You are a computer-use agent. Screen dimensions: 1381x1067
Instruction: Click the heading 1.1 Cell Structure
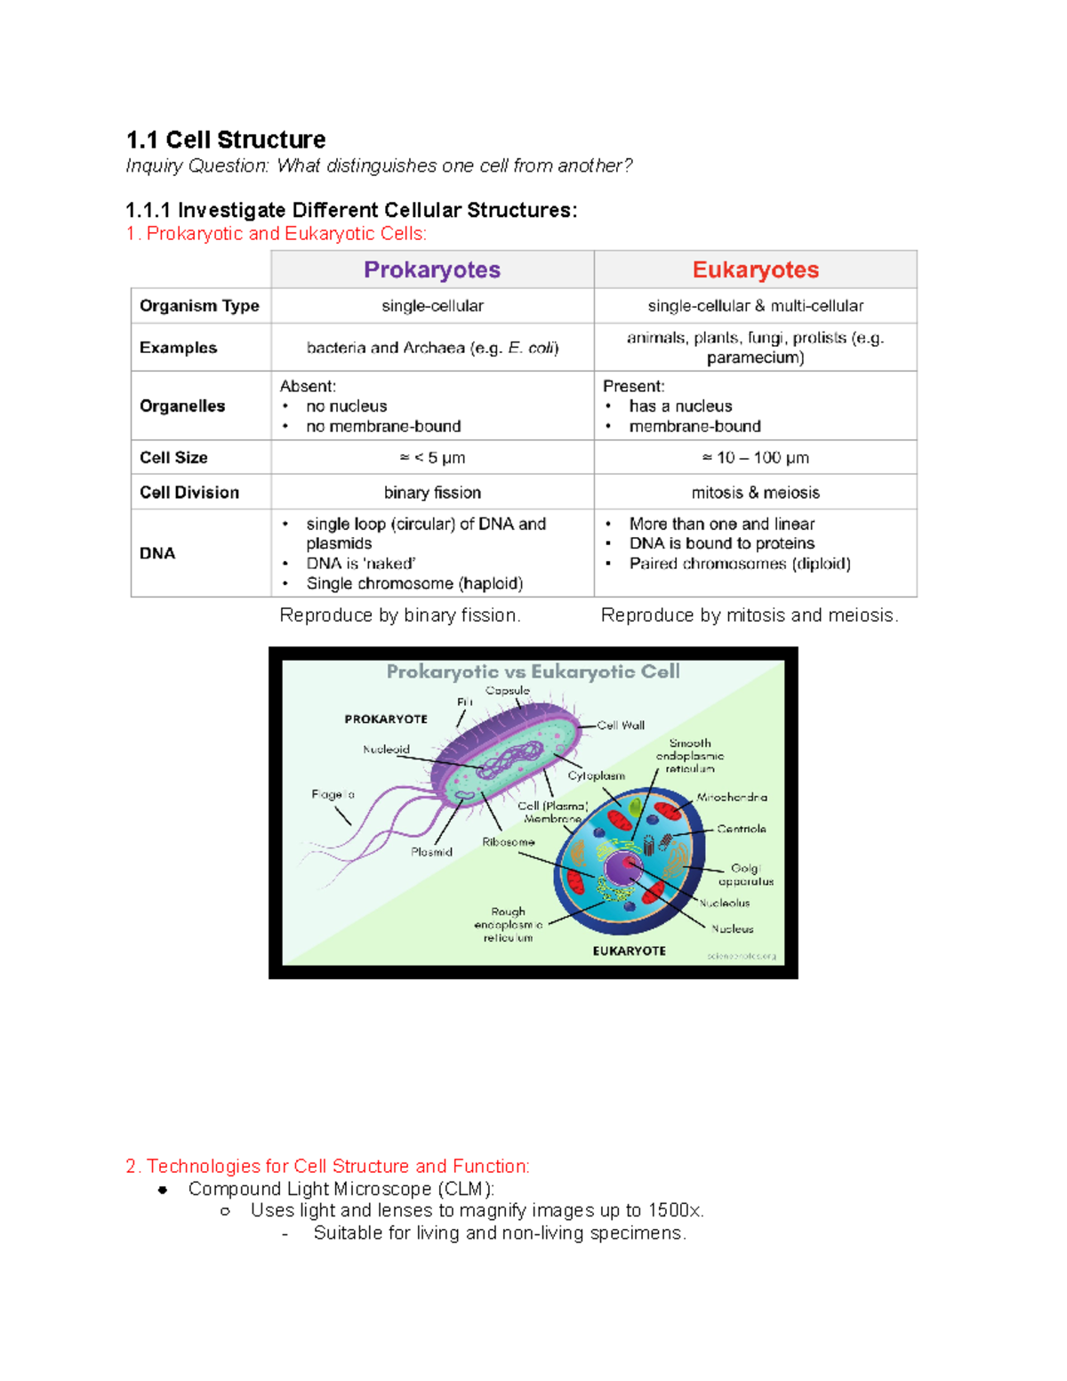(x=226, y=140)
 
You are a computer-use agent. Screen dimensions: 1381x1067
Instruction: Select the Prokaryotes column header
(x=432, y=269)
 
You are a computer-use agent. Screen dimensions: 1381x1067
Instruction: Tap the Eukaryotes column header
(x=755, y=269)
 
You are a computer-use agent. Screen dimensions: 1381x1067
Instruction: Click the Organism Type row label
(x=199, y=306)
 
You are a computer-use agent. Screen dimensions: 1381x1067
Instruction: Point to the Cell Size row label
(x=173, y=458)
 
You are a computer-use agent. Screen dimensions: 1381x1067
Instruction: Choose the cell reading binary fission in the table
(x=432, y=493)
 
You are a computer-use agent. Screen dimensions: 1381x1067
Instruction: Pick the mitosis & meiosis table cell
(x=755, y=493)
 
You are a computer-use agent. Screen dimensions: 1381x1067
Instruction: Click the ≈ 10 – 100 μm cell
(x=755, y=458)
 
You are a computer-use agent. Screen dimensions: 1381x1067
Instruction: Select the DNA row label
(x=157, y=553)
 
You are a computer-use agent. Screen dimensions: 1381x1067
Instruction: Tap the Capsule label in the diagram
(x=508, y=691)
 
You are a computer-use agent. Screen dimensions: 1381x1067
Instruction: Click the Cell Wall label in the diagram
(x=621, y=726)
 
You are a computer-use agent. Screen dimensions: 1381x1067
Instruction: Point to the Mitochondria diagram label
(x=732, y=798)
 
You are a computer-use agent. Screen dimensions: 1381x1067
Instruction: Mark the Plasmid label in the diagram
(x=432, y=852)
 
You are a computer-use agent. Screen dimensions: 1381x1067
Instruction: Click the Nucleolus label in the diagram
(x=725, y=903)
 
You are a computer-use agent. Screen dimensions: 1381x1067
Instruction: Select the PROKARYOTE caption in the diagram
(x=386, y=719)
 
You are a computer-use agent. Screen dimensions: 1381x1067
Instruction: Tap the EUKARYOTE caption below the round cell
(x=630, y=951)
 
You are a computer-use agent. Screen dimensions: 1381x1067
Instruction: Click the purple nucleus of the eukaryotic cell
(x=622, y=867)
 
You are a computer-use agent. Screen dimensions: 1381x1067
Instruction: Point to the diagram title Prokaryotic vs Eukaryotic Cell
(x=533, y=672)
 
